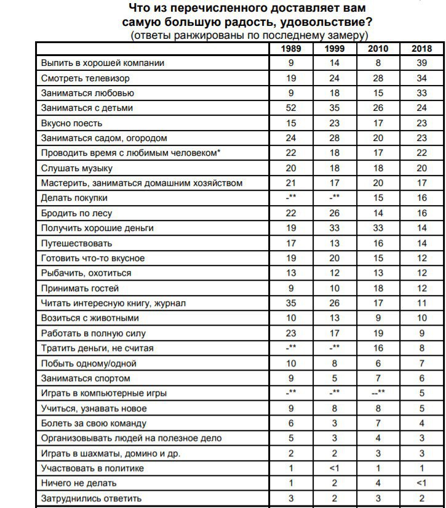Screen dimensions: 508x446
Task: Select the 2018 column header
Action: pos(421,49)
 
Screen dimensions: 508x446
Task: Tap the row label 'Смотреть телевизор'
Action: pos(86,78)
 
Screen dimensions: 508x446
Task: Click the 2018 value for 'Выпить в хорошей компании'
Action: pos(421,63)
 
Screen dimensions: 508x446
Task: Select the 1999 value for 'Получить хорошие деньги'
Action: pos(335,228)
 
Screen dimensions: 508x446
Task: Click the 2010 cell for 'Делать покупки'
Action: pos(378,198)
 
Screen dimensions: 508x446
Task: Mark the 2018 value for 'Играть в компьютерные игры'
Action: pos(421,393)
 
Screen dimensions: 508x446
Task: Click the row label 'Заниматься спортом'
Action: pos(86,379)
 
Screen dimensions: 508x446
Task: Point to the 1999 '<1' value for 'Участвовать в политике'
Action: pos(335,469)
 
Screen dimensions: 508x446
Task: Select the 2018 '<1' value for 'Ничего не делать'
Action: pos(421,483)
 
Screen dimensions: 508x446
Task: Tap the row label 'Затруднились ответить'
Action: pos(92,498)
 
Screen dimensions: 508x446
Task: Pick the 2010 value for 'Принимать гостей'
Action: pos(378,288)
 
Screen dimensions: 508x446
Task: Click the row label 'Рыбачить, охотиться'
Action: pos(86,273)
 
